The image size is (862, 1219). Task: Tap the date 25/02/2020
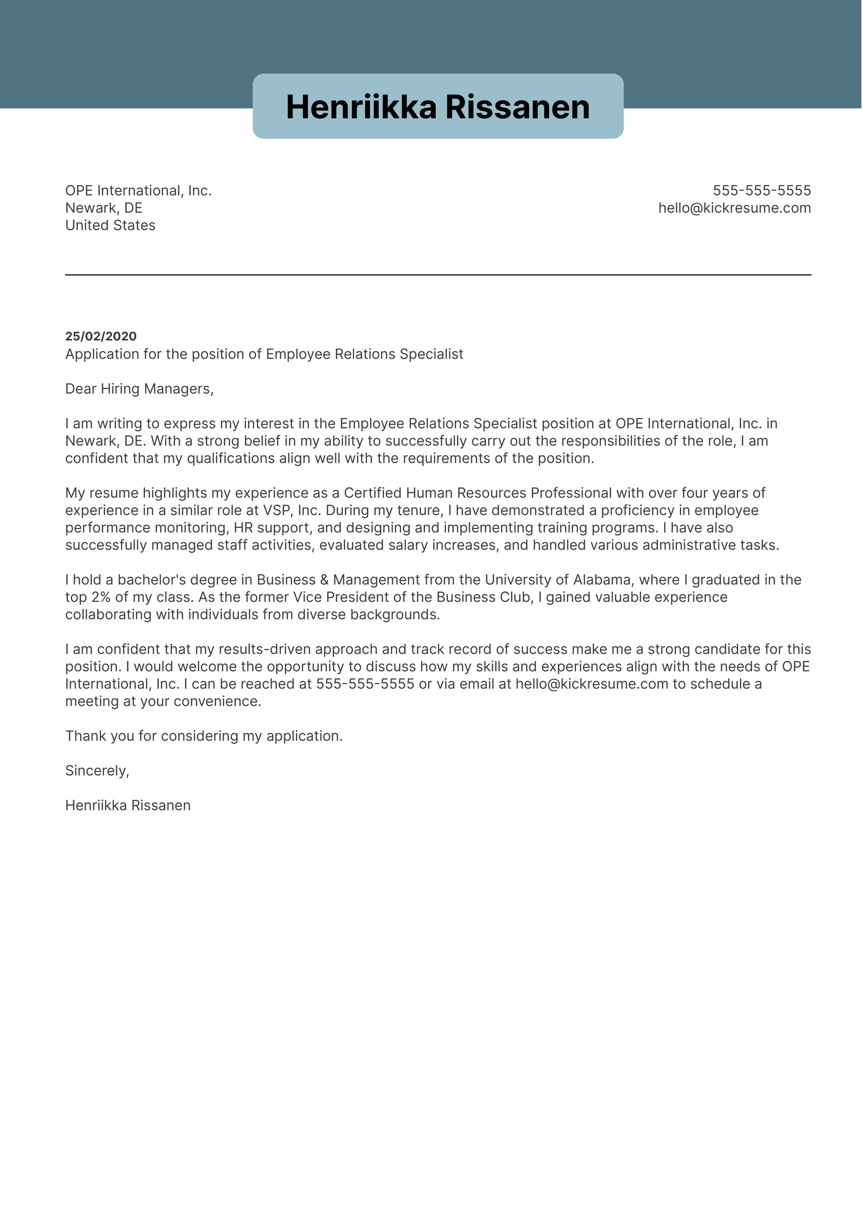[100, 336]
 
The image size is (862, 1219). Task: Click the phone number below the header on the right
[762, 190]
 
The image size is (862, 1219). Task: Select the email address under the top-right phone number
[734, 208]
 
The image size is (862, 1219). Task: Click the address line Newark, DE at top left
[103, 208]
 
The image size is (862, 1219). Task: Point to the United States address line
[110, 225]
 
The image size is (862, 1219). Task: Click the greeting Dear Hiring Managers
[139, 389]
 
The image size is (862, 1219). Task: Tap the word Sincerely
[97, 770]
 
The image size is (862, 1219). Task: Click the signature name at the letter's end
[127, 805]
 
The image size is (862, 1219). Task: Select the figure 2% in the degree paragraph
[101, 597]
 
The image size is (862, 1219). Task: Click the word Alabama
[602, 580]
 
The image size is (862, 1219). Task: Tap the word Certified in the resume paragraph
[373, 493]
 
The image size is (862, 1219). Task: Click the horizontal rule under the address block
[437, 275]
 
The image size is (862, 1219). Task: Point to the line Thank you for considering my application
[203, 736]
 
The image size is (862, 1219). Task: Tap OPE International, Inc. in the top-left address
[138, 190]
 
